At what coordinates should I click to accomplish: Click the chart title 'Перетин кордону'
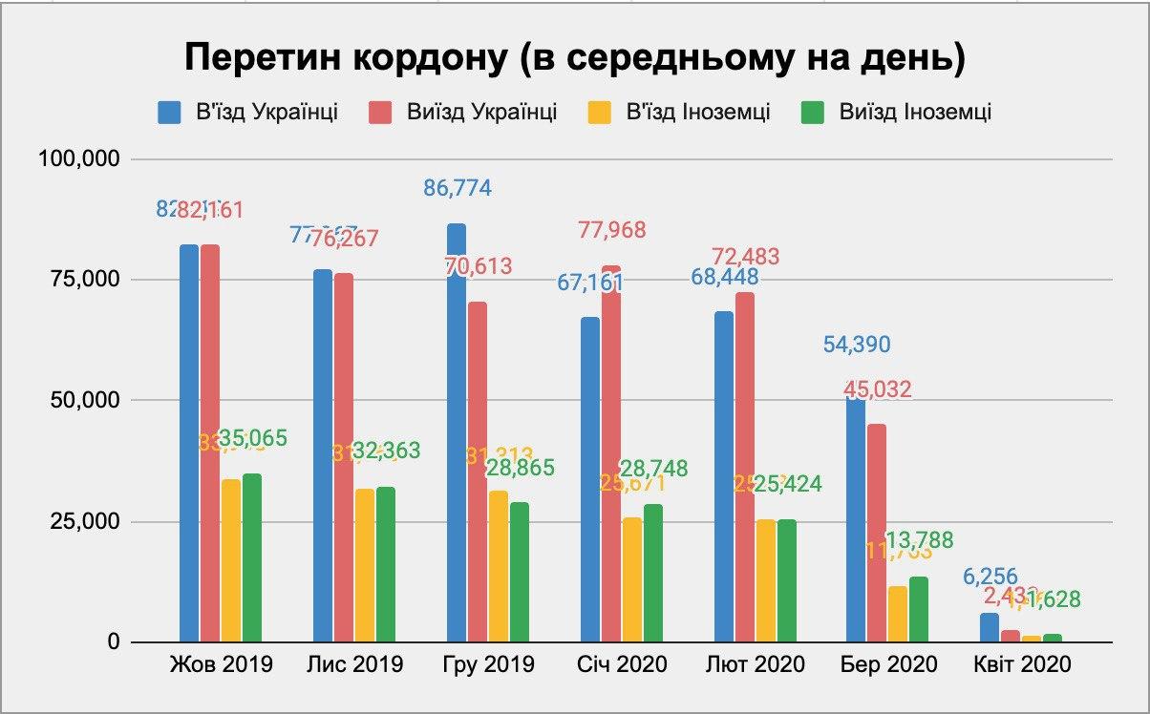point(574,57)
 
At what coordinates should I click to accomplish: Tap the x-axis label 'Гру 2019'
point(489,664)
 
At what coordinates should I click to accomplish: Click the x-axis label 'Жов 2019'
point(221,664)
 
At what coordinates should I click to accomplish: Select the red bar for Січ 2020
point(611,453)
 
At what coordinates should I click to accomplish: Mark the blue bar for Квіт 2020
point(990,627)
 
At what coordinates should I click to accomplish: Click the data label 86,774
point(458,188)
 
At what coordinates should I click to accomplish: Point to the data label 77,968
point(611,230)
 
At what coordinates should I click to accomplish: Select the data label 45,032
point(877,389)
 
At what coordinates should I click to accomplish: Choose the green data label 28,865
point(521,469)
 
